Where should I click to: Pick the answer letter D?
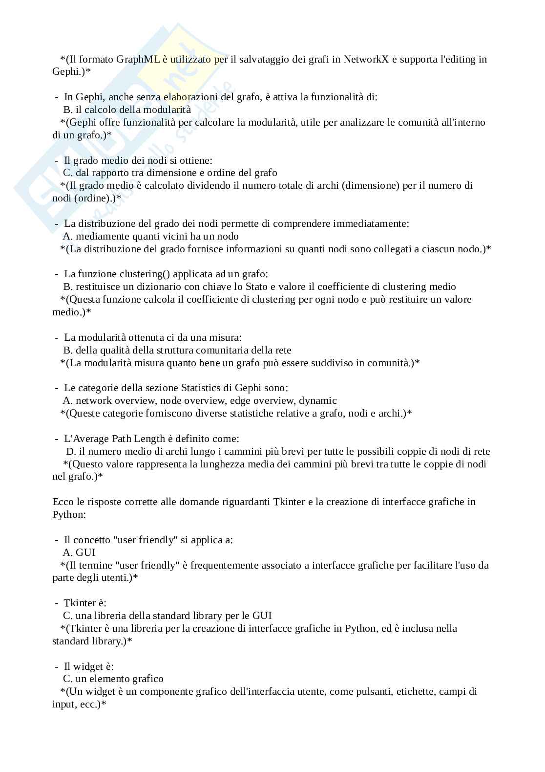pos(70,451)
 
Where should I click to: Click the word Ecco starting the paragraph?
pos(62,502)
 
